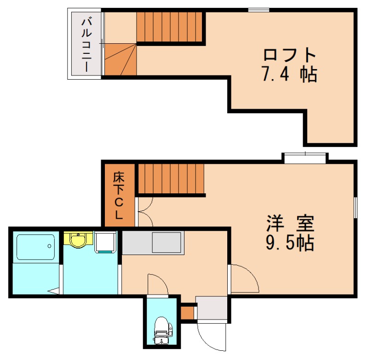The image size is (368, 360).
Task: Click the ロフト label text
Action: click(x=290, y=55)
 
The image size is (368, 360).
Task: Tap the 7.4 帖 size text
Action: click(x=290, y=74)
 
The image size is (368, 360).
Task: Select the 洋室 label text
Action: click(x=290, y=223)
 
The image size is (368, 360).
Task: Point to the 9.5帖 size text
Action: click(x=290, y=242)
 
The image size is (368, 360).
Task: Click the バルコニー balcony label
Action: click(x=86, y=44)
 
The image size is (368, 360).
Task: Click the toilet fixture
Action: click(x=161, y=330)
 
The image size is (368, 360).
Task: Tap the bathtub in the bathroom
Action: click(x=35, y=247)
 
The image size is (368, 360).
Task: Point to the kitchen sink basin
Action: click(x=166, y=242)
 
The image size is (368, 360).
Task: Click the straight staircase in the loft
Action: click(x=170, y=27)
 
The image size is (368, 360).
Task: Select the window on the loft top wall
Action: click(x=259, y=10)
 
